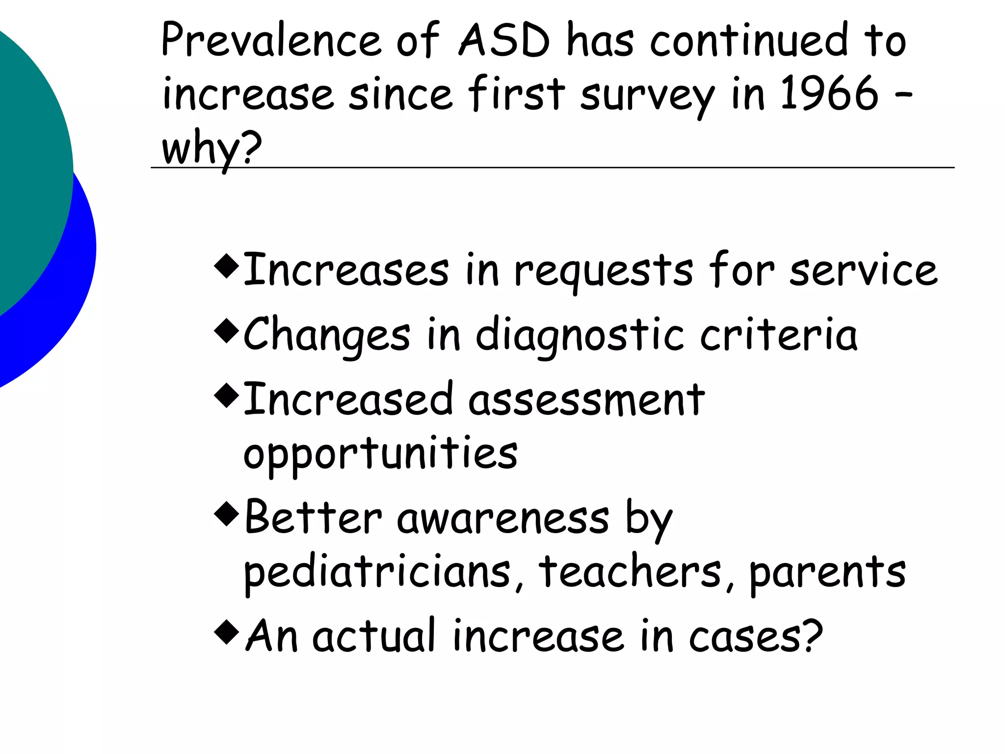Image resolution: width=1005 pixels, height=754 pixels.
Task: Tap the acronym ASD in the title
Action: pyautogui.click(x=504, y=40)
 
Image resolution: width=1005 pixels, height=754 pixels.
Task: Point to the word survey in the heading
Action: pyautogui.click(x=647, y=95)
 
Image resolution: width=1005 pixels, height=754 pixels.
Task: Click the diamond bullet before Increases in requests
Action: pyautogui.click(x=227, y=266)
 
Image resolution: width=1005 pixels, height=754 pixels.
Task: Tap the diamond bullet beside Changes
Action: pyautogui.click(x=227, y=331)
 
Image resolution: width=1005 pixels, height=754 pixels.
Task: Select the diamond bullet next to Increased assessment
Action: pyautogui.click(x=227, y=395)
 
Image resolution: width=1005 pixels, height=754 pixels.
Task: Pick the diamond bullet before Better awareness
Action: pyautogui.click(x=227, y=513)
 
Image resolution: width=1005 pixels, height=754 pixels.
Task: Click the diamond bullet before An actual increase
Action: pyautogui.click(x=227, y=632)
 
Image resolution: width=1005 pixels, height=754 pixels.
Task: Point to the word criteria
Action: pyautogui.click(x=779, y=335)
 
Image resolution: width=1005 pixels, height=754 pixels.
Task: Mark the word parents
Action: pyautogui.click(x=827, y=572)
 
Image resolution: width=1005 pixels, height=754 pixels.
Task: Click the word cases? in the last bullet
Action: pyautogui.click(x=756, y=637)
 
